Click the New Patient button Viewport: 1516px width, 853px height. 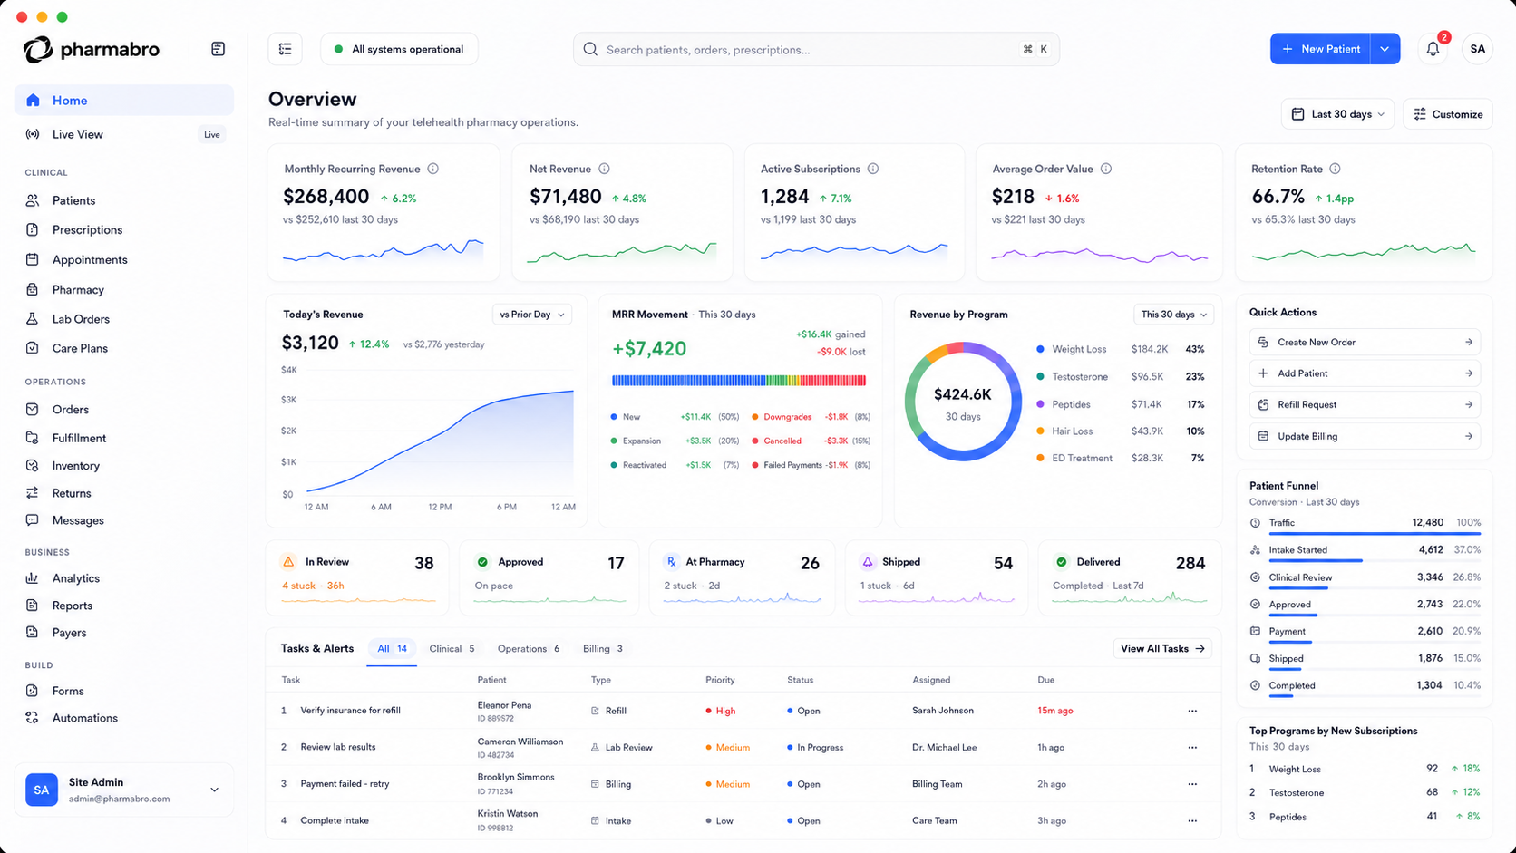[x=1320, y=49]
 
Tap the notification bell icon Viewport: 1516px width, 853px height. [x=1433, y=49]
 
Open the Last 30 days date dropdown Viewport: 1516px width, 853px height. [x=1337, y=113]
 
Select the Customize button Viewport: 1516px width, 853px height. [x=1448, y=113]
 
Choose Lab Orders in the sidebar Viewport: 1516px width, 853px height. [x=81, y=318]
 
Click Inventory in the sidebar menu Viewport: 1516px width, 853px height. [x=75, y=465]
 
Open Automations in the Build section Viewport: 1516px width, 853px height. [x=84, y=718]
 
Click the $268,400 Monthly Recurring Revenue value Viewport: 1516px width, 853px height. [x=326, y=196]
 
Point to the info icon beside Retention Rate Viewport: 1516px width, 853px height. [x=1335, y=169]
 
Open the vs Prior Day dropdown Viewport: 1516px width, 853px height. [x=531, y=315]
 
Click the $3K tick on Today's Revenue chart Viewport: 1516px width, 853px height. [x=289, y=400]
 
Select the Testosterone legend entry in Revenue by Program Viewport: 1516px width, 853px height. [x=1080, y=377]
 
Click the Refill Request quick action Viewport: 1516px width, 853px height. [x=1365, y=404]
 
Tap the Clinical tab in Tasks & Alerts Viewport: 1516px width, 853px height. [x=452, y=649]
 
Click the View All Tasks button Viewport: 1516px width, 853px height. [x=1162, y=649]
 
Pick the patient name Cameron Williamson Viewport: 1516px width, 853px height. [x=520, y=742]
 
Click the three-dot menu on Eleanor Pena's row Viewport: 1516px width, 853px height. [x=1191, y=711]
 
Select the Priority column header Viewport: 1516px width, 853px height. [x=719, y=680]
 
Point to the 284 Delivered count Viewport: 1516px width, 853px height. [x=1190, y=563]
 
